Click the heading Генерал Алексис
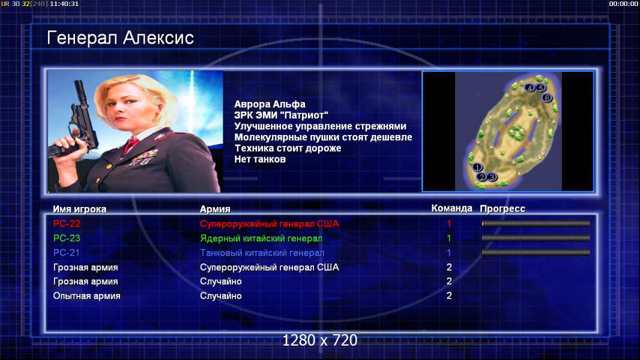121,38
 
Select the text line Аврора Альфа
270,104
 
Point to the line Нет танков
260,160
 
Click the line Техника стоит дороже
288,148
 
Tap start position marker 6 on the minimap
546,98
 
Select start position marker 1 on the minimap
477,167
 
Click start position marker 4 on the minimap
530,88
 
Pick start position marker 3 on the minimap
492,177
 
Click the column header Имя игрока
80,209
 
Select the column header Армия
215,209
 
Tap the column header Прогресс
503,209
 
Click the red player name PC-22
67,224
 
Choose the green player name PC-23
67,238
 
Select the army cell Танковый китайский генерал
262,253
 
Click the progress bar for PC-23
536,238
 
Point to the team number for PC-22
449,224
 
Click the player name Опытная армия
86,296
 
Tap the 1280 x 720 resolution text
320,340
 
